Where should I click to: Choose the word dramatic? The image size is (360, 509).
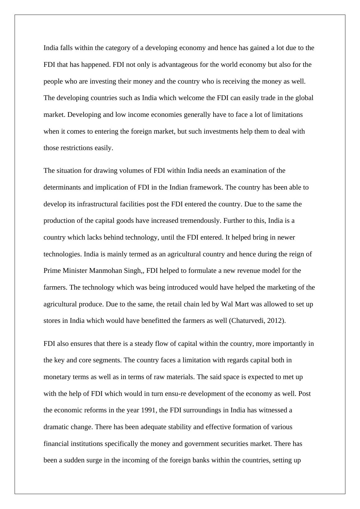pyautogui.click(x=57, y=427)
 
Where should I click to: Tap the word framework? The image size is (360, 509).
pyautogui.click(x=207, y=187)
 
